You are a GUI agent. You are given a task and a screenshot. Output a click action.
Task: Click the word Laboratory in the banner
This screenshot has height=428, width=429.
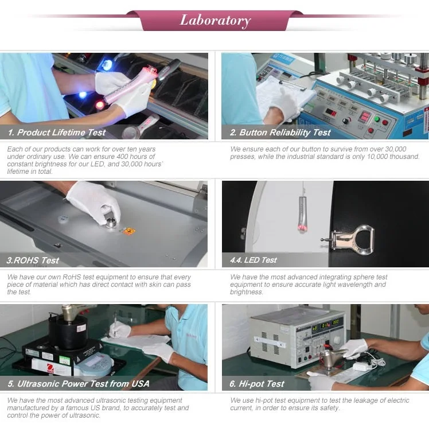215,21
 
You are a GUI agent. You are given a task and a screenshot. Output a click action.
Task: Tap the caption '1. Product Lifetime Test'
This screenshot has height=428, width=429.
57,133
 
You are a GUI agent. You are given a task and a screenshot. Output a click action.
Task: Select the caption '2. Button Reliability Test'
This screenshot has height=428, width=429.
280,133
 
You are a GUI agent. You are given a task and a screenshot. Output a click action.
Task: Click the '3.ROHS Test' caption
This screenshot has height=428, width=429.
33,260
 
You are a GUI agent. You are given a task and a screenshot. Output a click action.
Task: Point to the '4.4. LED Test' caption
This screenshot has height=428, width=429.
253,260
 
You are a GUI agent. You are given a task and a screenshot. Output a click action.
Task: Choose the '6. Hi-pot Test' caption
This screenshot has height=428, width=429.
257,384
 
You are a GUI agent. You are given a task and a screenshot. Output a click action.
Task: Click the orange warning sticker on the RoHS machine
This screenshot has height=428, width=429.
129,231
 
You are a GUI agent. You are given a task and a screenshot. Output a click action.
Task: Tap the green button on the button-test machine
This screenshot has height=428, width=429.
377,119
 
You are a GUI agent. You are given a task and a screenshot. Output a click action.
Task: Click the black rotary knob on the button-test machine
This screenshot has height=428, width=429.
346,120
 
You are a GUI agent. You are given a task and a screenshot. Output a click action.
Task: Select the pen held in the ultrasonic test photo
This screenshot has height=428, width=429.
115,324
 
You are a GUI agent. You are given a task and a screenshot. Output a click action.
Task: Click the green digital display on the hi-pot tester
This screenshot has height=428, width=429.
325,325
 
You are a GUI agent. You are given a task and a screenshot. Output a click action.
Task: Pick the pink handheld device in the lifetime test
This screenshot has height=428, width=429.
128,83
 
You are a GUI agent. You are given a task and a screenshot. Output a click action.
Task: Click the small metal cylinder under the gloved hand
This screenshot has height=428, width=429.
111,223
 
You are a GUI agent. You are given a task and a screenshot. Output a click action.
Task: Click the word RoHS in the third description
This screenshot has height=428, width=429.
71,277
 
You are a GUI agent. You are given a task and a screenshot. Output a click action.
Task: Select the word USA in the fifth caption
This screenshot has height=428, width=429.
140,384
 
